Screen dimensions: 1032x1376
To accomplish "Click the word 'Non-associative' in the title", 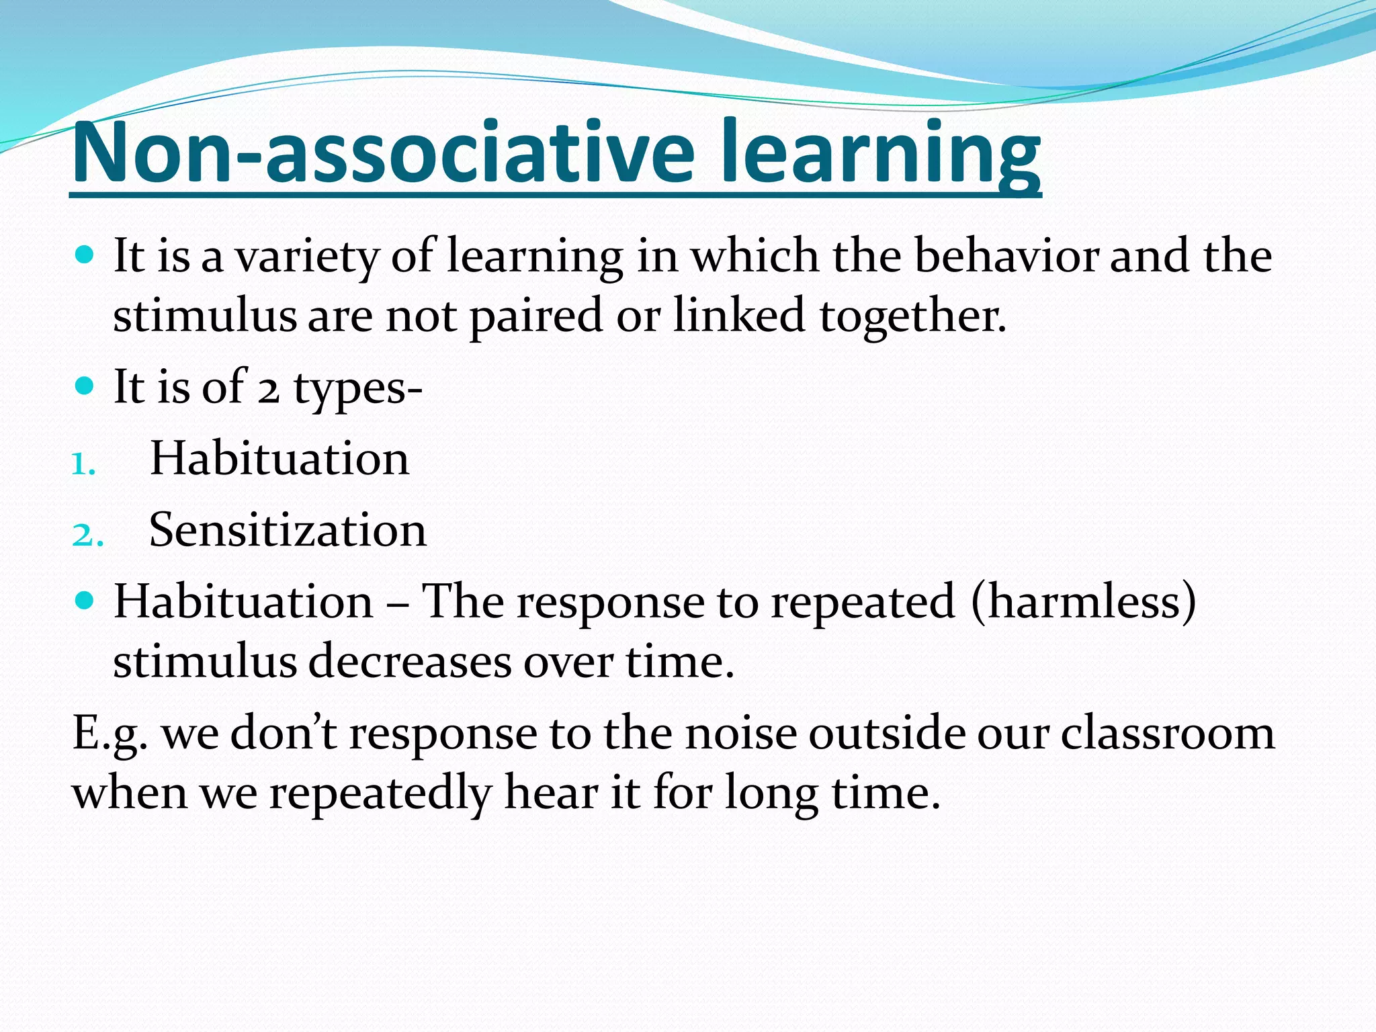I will (383, 153).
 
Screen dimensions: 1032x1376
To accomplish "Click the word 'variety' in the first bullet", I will (306, 257).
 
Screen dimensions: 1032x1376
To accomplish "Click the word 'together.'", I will (912, 316).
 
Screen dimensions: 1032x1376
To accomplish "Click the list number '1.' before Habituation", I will (83, 464).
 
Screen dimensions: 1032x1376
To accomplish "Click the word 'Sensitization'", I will (288, 530).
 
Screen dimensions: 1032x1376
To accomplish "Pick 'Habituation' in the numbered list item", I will (279, 459).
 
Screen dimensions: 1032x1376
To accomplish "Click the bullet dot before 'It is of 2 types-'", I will (84, 386).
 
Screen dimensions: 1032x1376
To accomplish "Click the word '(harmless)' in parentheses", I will (1083, 602).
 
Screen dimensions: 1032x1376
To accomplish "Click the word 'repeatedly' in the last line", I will (380, 793).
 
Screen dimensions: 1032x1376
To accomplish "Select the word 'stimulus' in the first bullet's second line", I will (204, 316).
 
